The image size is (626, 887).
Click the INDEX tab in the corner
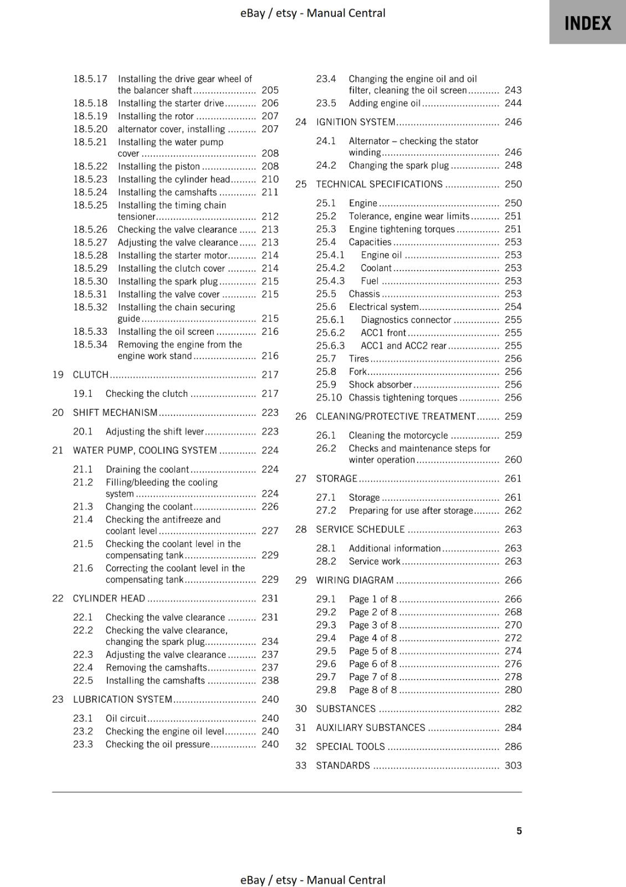point(587,23)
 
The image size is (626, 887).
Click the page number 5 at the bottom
point(519,830)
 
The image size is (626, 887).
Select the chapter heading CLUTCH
point(90,375)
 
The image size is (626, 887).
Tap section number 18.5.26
point(90,230)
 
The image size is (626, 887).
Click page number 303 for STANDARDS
point(513,766)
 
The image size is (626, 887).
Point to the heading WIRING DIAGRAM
point(355,580)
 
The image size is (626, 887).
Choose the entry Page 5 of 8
point(372,651)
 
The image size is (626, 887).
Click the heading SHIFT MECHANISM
point(115,412)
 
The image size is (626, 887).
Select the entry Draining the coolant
point(147,470)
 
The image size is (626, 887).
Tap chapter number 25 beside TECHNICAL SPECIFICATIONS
point(301,184)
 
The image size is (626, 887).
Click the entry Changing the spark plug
point(398,165)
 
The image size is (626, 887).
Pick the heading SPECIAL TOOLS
point(350,747)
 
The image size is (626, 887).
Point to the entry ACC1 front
point(383,333)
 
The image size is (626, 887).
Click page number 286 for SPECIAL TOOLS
point(513,747)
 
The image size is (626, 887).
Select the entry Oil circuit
point(126,718)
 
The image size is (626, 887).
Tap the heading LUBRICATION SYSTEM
point(122,700)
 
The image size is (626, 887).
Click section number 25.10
point(329,397)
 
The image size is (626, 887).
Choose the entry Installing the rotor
point(156,116)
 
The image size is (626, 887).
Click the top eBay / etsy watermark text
point(312,13)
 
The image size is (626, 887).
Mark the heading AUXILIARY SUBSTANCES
point(370,728)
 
